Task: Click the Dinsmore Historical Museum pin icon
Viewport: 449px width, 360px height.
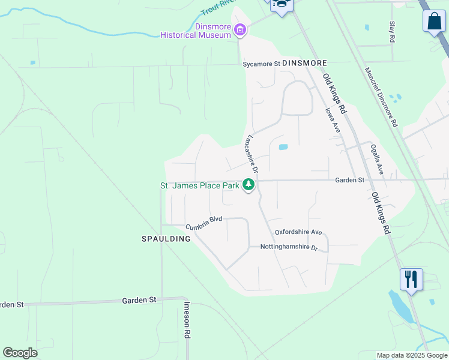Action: [x=240, y=29]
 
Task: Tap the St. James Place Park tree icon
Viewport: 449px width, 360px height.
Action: [x=248, y=185]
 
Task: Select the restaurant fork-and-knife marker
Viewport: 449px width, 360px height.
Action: [x=411, y=280]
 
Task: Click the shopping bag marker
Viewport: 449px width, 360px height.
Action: [x=434, y=22]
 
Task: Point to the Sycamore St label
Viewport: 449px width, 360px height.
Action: [x=261, y=64]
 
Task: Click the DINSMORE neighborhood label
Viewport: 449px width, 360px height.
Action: [x=304, y=63]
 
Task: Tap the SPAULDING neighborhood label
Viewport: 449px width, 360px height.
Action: [x=166, y=239]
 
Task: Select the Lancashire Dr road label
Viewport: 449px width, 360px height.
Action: [x=250, y=154]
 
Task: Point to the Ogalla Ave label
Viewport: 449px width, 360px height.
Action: [x=376, y=159]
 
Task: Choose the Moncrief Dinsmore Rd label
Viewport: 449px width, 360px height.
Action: [x=381, y=97]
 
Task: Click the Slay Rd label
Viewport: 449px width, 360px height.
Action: [x=392, y=31]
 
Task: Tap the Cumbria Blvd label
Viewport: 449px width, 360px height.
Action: [x=203, y=223]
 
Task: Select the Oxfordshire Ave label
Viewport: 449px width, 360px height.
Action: [x=298, y=232]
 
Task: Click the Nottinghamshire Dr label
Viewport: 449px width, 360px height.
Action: [x=288, y=247]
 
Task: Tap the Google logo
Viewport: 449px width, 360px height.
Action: [x=20, y=352]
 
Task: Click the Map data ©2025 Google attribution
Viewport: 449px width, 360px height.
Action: [x=412, y=355]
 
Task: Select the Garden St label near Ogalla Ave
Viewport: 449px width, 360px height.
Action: [x=350, y=180]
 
